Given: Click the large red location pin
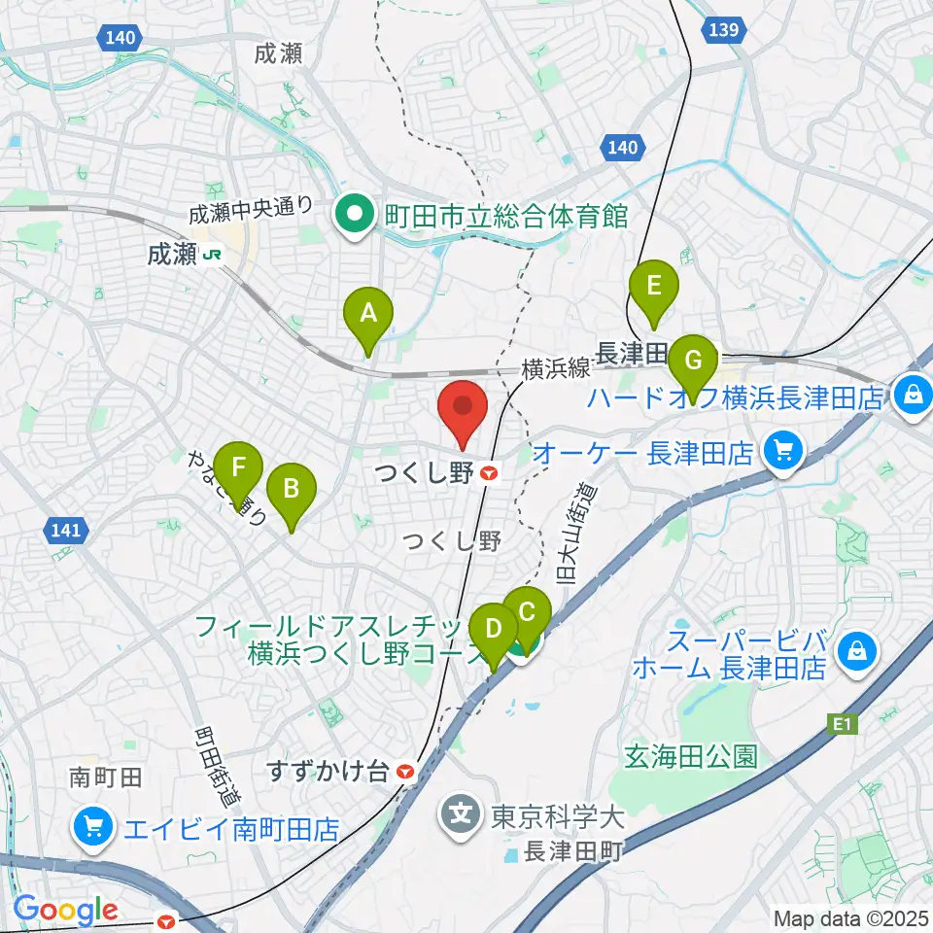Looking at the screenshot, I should pos(463,413).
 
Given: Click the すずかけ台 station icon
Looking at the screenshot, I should pos(405,772).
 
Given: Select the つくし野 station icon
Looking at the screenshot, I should pos(490,473).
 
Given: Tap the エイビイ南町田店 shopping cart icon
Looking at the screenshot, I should pos(93,828).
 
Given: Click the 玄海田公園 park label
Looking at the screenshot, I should pos(691,756).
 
